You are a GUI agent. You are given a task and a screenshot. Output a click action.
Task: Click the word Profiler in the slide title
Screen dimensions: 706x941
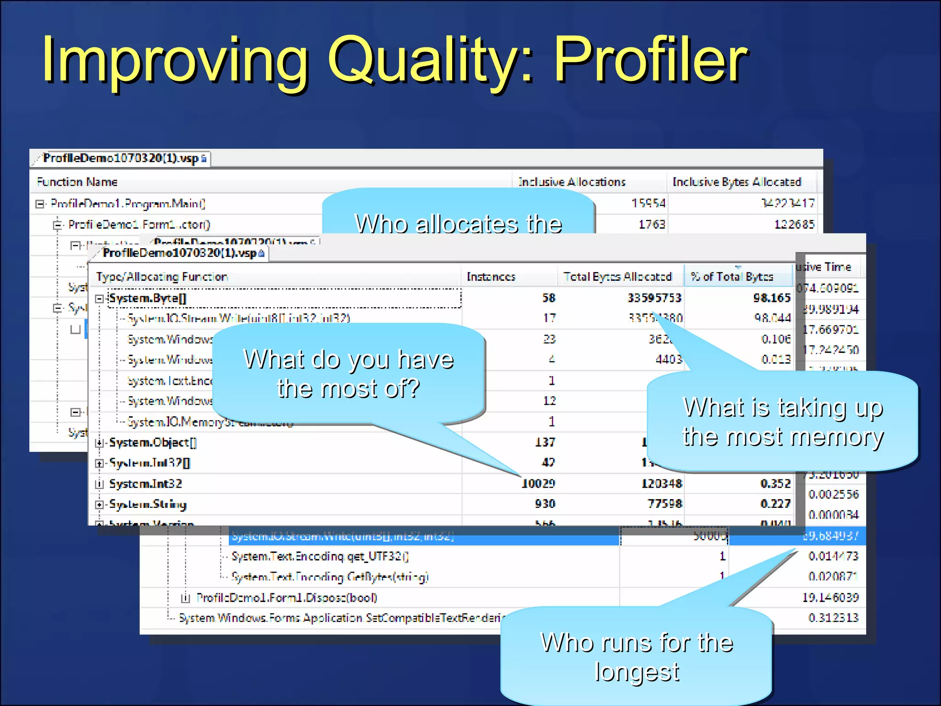(650, 60)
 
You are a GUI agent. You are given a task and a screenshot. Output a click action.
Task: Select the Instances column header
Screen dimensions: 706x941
(491, 277)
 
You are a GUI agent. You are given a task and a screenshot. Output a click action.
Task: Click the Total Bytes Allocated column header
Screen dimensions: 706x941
(617, 277)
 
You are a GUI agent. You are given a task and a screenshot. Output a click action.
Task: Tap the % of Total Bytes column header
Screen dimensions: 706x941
(732, 277)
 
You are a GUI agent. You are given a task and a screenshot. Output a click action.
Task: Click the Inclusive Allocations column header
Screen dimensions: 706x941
(572, 182)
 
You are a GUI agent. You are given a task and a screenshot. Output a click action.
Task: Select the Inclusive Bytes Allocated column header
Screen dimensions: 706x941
(737, 182)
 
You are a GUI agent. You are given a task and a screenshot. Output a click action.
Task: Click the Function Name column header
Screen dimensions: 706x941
(77, 182)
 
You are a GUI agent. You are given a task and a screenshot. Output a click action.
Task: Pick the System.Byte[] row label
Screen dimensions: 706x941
(147, 298)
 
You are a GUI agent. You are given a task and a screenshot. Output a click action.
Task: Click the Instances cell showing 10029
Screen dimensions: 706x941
(538, 484)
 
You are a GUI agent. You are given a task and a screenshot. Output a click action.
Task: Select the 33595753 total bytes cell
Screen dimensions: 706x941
(654, 298)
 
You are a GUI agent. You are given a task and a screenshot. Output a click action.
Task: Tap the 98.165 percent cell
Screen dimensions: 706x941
(771, 298)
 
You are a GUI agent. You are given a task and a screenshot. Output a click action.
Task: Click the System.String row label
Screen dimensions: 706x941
(147, 504)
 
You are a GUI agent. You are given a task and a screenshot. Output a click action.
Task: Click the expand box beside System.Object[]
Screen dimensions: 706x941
(99, 443)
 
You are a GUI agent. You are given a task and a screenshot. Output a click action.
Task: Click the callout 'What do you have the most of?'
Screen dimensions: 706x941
(348, 373)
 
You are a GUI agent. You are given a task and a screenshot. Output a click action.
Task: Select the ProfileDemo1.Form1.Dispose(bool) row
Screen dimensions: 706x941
(287, 598)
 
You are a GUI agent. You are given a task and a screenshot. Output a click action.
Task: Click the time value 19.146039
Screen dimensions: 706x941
(830, 598)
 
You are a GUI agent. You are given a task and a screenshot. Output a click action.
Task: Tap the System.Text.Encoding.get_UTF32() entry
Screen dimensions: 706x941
(320, 557)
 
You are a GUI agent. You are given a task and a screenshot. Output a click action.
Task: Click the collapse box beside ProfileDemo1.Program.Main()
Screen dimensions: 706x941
(40, 204)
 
